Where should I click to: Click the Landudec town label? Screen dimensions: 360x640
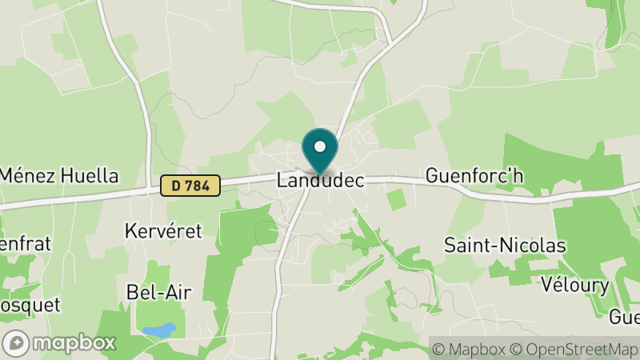click(x=320, y=181)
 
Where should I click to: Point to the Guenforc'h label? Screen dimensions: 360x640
click(x=474, y=175)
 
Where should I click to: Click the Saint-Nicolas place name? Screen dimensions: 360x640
click(x=505, y=246)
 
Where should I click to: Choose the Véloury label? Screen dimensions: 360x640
click(x=574, y=285)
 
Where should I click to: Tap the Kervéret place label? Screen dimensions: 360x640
click(x=164, y=231)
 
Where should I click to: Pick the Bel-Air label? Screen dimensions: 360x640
click(x=159, y=292)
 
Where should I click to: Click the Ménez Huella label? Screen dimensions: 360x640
click(x=58, y=176)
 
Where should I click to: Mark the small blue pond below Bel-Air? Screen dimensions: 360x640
click(x=158, y=330)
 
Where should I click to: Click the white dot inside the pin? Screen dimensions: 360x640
click(x=320, y=146)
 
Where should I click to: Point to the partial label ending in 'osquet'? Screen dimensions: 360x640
click(x=19, y=305)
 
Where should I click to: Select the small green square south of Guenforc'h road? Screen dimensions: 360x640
click(x=396, y=200)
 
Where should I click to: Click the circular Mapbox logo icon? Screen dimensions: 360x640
click(x=17, y=343)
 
